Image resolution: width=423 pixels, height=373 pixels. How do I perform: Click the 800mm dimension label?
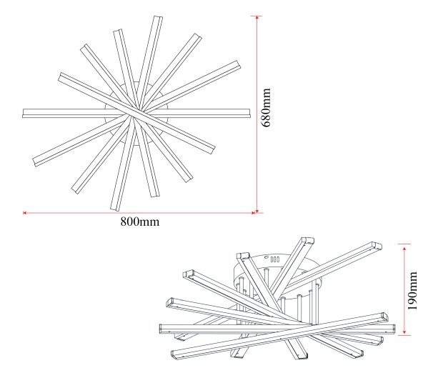click(140, 222)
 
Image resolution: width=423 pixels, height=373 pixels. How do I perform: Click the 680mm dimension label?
click(266, 107)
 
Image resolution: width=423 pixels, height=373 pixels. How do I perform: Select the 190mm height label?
click(412, 291)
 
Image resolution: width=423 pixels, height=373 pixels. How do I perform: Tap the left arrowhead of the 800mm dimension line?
click(24, 213)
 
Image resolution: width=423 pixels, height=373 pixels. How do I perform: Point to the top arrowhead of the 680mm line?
click(257, 18)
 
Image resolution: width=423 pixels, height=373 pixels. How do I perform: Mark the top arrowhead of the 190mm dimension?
click(404, 248)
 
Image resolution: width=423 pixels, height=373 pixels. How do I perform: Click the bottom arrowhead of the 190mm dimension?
click(404, 332)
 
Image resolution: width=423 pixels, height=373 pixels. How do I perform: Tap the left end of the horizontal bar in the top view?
click(24, 114)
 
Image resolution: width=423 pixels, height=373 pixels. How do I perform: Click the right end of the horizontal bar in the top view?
click(249, 114)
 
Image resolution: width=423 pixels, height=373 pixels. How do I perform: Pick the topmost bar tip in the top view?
click(158, 18)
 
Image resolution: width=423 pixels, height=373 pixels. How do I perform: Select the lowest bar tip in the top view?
click(114, 209)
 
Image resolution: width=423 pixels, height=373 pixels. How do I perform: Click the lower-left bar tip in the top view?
click(35, 162)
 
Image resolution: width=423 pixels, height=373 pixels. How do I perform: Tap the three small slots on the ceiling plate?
click(275, 259)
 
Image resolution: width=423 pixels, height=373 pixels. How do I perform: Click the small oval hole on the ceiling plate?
click(267, 257)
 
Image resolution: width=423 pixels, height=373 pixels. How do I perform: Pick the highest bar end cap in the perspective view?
click(307, 240)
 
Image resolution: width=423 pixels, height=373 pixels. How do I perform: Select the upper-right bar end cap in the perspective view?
click(377, 246)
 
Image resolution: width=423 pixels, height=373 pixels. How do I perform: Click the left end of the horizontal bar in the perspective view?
click(161, 329)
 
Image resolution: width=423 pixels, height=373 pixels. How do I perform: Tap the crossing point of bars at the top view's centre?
click(137, 114)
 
